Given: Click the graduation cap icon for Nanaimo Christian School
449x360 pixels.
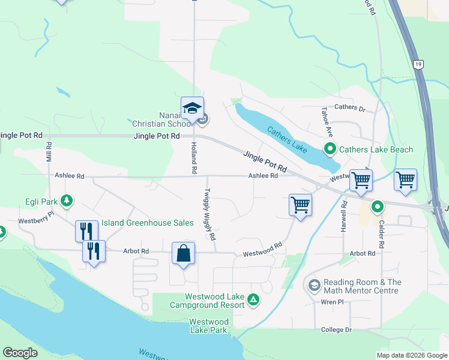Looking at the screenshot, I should (192, 109).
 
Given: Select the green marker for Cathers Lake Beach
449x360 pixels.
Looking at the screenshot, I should (330, 149).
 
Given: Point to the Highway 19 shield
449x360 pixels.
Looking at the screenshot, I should (417, 64).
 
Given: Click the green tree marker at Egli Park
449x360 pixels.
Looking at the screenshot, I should (68, 200).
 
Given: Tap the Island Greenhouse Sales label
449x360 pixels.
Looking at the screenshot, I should (147, 223).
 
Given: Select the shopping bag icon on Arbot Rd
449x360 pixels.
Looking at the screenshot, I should (184, 253).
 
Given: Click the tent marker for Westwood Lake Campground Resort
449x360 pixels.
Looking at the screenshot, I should (254, 299).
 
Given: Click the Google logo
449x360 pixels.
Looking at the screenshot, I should (20, 353).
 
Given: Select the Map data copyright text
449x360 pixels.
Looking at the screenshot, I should (412, 355).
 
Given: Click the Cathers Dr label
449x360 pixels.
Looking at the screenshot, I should (350, 108).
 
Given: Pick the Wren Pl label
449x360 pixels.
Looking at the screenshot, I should (331, 302).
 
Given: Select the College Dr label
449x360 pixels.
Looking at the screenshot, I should (336, 330).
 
